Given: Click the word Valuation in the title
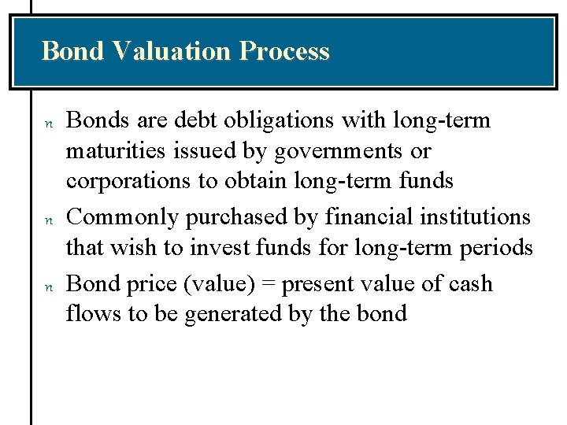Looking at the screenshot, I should pos(170,51).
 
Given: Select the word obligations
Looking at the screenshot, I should pos(269,121).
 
